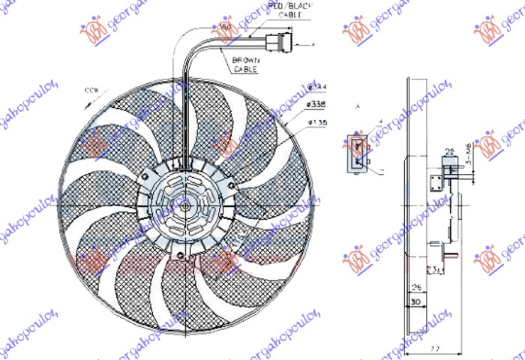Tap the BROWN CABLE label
coord(244,63)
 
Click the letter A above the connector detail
coord(358,108)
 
